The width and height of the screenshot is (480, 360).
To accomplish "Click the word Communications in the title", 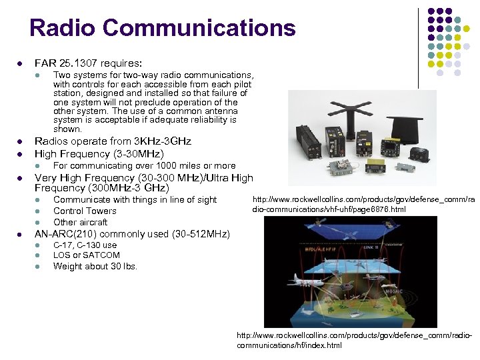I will tap(199, 28).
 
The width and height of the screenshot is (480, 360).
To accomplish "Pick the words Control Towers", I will tap(85, 211).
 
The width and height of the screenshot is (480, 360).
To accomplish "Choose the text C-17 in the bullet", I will tap(64, 245).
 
